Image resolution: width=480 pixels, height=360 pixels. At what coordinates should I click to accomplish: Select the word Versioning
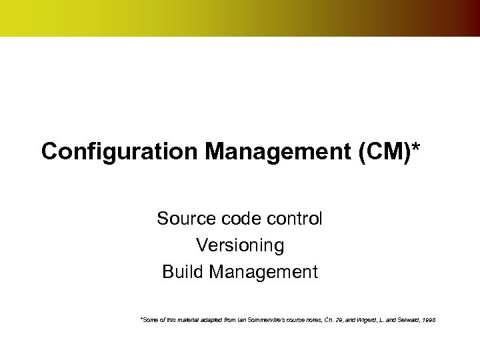click(x=240, y=245)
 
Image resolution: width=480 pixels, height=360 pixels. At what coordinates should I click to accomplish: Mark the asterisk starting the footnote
click(x=141, y=320)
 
